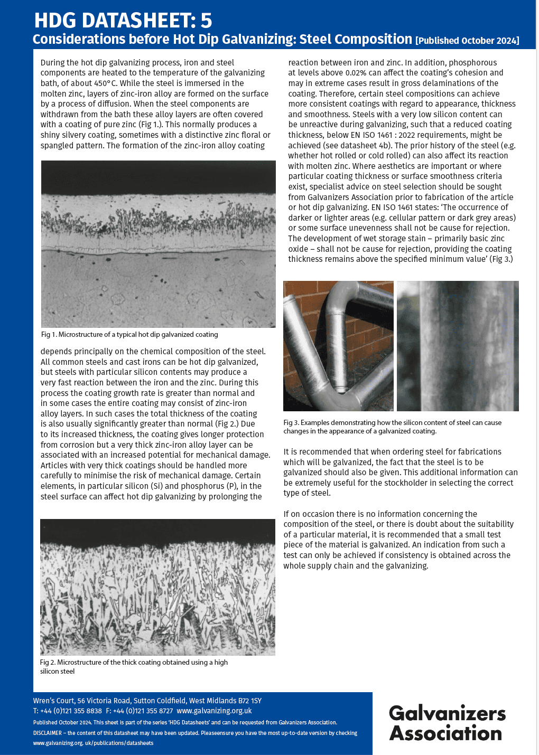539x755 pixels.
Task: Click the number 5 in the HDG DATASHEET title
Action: (x=206, y=21)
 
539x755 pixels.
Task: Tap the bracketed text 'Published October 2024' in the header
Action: (x=467, y=41)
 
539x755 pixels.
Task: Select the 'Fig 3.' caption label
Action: (x=291, y=422)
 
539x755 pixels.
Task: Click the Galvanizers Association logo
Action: (x=447, y=723)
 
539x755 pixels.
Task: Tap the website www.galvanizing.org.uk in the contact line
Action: (x=214, y=711)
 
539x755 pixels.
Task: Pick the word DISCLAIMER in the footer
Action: (x=48, y=733)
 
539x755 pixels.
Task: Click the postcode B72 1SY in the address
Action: (x=248, y=701)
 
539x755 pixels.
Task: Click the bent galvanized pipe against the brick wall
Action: (x=338, y=346)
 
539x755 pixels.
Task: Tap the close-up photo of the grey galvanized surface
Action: (x=458, y=346)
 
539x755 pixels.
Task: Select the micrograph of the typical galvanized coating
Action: (x=158, y=244)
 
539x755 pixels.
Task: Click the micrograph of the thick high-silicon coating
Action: (x=157, y=587)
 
